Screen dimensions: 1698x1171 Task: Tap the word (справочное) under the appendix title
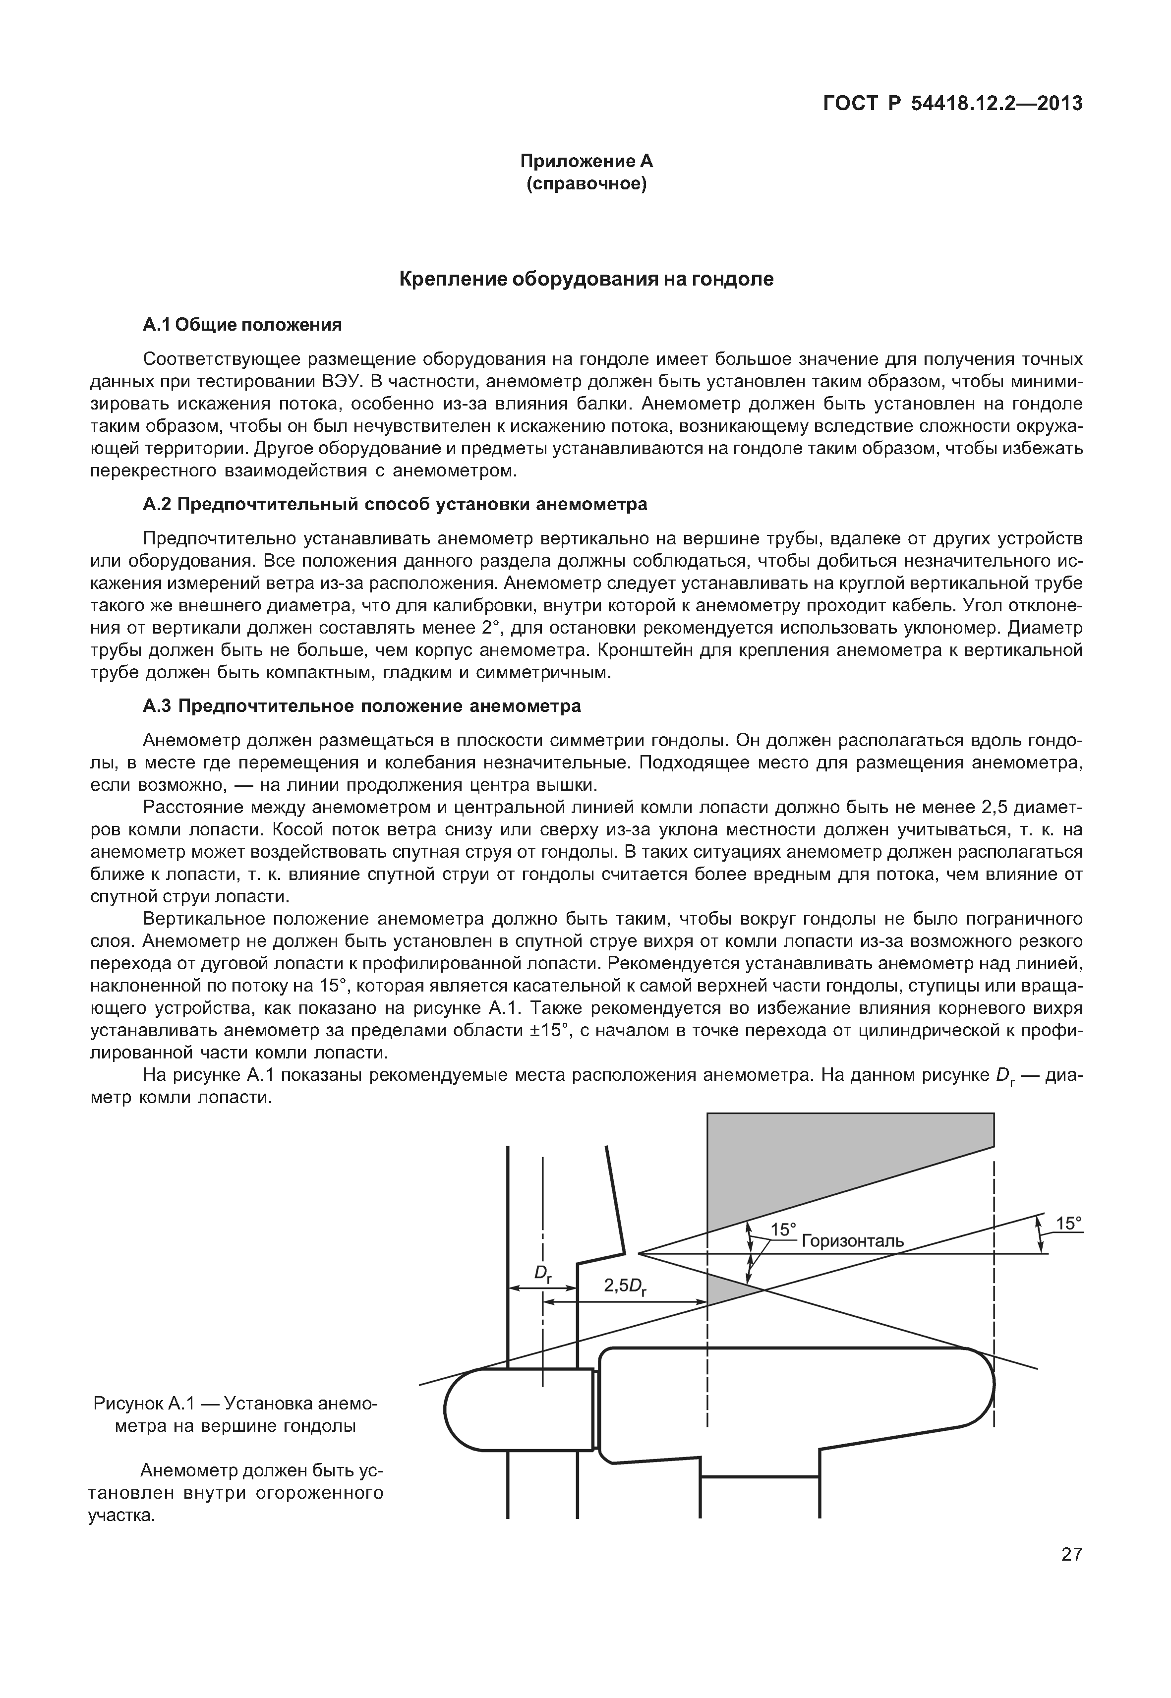(586, 184)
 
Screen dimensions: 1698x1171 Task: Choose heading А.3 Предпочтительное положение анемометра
(362, 706)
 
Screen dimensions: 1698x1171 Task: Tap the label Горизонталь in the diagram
(853, 1241)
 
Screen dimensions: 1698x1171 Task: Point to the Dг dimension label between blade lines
(543, 1273)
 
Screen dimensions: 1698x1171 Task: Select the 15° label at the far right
(1069, 1223)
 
